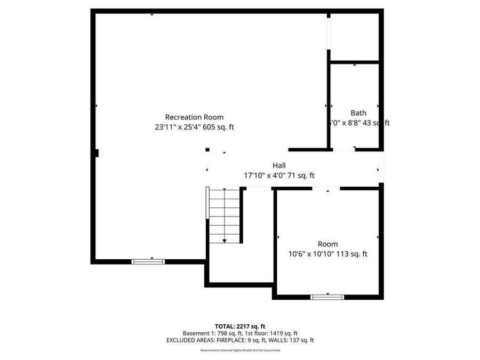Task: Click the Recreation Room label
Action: (194, 117)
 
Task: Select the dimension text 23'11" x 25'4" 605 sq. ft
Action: (194, 127)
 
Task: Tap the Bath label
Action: (358, 113)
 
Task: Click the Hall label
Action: (279, 166)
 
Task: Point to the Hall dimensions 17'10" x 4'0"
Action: (279, 175)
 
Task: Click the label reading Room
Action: (327, 244)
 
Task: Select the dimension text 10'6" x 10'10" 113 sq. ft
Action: (327, 254)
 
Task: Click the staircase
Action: (225, 215)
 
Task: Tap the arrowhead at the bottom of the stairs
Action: (225, 241)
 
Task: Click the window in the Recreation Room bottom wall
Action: (148, 261)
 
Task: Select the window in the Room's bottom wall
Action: (327, 297)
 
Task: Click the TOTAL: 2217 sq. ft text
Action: (240, 326)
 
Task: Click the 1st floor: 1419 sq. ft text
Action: (272, 333)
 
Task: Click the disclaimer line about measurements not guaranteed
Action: (240, 350)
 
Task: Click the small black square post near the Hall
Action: (207, 150)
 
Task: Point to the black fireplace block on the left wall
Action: (97, 153)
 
